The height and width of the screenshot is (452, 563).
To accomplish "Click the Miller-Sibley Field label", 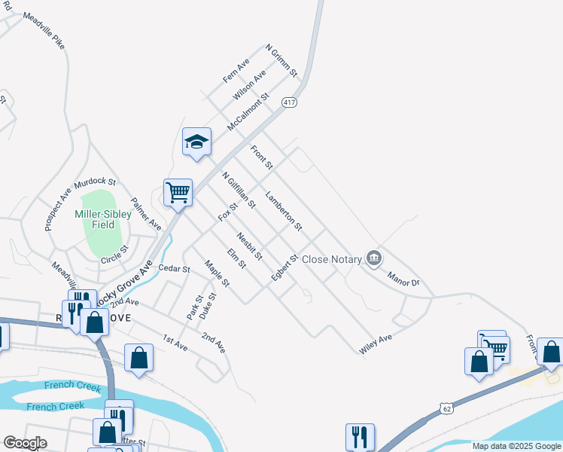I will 103,219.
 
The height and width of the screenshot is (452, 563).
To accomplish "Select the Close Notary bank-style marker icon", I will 373,258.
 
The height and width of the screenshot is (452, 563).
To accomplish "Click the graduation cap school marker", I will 196,142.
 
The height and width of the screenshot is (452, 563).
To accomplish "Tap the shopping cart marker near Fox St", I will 178,192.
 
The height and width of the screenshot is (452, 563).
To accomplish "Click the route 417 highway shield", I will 289,102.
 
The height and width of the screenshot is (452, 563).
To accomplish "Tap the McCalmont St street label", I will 248,111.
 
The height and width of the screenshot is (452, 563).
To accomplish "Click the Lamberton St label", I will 284,211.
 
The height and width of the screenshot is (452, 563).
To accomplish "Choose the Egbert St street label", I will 286,268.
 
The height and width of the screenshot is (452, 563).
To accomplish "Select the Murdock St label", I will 95,183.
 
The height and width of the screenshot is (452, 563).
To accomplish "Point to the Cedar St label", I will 173,268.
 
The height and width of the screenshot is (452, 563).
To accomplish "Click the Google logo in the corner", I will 24,443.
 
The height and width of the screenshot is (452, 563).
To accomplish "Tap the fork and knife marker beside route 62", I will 360,436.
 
